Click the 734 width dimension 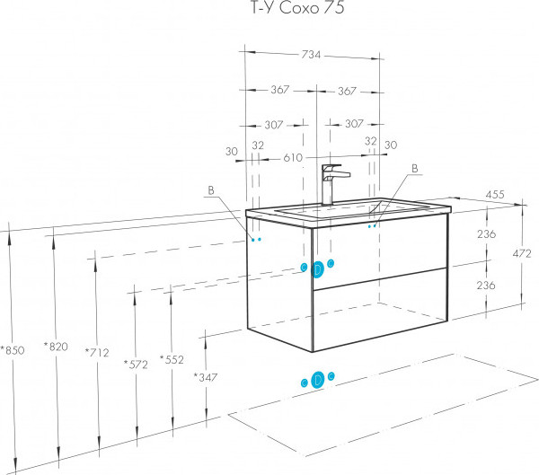311,55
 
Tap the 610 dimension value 293,158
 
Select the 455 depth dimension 495,195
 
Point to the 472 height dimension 522,253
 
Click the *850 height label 13,350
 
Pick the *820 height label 56,347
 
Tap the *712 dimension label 97,352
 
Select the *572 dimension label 136,365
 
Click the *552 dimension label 172,359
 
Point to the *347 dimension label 205,377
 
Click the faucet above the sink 333,185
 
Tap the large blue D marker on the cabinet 318,269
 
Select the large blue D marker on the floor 318,380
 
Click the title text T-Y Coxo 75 297,7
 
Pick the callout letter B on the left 211,190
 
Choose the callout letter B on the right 415,169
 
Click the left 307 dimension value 274,125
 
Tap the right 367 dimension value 347,91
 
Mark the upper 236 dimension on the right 486,234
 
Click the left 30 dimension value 232,151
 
